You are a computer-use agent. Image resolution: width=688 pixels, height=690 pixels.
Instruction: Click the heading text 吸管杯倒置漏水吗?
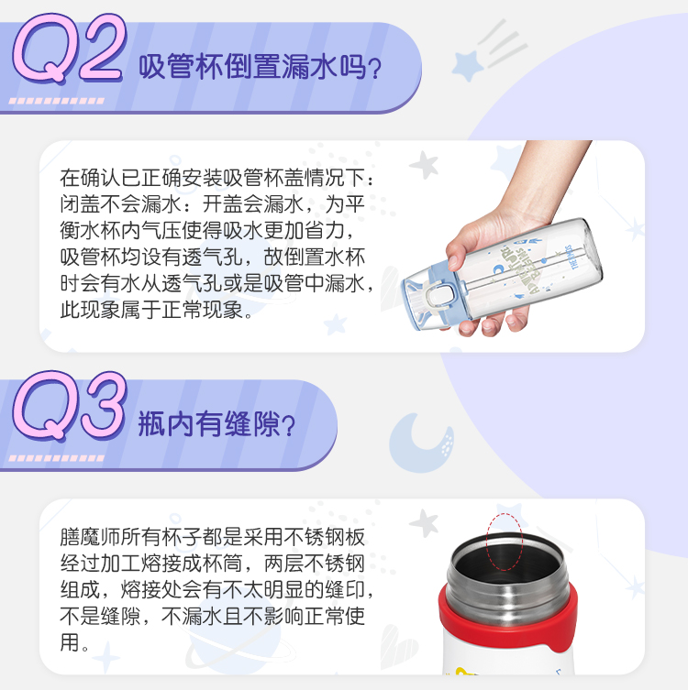pos(260,67)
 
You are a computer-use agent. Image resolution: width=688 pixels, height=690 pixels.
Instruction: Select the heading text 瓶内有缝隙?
pos(216,424)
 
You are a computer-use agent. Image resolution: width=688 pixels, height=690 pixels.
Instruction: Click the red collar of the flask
pos(507,625)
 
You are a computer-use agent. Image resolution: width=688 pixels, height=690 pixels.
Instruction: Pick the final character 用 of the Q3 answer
pos(70,642)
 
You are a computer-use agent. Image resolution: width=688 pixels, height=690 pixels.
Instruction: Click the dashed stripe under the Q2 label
pos(56,101)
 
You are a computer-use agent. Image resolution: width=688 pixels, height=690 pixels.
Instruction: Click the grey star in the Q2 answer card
pos(424,165)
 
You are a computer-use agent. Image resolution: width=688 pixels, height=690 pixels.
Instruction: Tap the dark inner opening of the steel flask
pos(506,560)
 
